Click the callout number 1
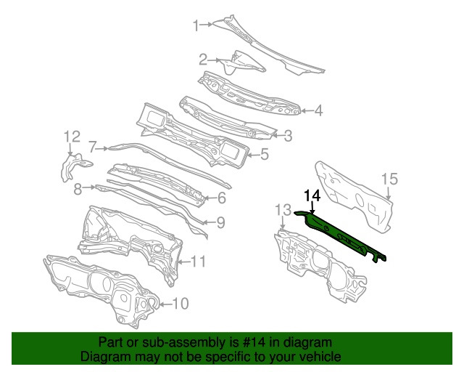point(195,26)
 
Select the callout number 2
point(204,59)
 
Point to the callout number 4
point(318,111)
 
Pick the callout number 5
point(265,154)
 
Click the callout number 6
point(222,197)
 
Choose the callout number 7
point(93,145)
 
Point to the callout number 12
point(71,137)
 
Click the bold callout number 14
point(312,195)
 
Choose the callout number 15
point(389,179)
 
